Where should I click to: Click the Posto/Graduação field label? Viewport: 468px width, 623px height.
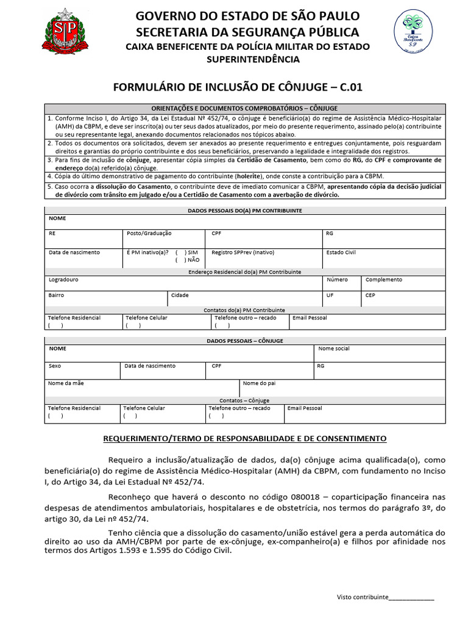[x=149, y=233]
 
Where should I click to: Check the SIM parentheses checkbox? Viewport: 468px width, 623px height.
[x=180, y=252]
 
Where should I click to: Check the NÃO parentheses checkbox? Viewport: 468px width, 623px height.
[x=180, y=260]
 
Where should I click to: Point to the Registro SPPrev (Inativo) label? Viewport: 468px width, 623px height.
[x=243, y=252]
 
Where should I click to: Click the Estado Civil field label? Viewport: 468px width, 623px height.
[x=341, y=252]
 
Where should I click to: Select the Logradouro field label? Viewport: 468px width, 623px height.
[x=63, y=280]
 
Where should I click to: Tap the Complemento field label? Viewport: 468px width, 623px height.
[x=383, y=280]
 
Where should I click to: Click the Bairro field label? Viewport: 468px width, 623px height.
[x=56, y=295]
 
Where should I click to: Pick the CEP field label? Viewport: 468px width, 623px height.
[x=370, y=295]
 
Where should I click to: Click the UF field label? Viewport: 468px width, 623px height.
[x=330, y=295]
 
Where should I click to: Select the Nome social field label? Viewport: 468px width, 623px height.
[x=334, y=349]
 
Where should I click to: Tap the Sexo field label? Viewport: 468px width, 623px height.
[x=55, y=366]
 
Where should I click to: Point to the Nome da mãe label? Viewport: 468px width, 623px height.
[x=66, y=383]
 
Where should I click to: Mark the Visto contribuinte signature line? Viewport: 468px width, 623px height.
[x=411, y=599]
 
